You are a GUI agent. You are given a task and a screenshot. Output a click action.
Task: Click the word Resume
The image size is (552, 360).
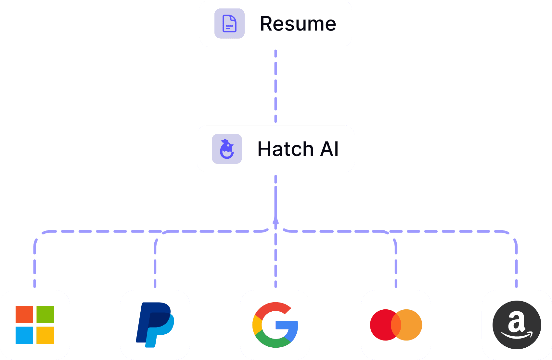(x=298, y=24)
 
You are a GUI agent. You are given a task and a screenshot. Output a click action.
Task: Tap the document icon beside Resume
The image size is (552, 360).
(x=229, y=23)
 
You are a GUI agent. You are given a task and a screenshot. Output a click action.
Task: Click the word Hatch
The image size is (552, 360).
(x=285, y=149)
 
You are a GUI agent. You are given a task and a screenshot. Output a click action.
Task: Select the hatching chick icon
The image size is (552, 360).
(x=227, y=149)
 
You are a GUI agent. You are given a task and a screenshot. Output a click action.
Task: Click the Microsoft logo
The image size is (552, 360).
(x=35, y=325)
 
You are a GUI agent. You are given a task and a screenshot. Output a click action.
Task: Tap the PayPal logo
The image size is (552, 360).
(x=155, y=325)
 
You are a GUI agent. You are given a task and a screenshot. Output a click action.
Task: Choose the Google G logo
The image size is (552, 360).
(x=275, y=325)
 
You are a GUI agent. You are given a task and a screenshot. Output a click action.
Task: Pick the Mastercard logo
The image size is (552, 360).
(x=396, y=325)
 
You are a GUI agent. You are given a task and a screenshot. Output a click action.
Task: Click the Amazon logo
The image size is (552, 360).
(x=517, y=325)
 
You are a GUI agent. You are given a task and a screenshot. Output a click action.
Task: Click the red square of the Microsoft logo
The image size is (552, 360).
(x=24, y=314)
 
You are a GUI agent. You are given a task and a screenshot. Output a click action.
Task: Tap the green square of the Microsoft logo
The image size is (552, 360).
(x=45, y=314)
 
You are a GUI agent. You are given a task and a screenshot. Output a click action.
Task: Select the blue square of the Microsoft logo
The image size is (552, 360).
(x=24, y=335)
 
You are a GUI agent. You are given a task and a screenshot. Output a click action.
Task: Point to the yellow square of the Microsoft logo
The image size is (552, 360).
(x=45, y=335)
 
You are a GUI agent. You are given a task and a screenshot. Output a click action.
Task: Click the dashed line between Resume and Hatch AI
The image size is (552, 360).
(x=276, y=86)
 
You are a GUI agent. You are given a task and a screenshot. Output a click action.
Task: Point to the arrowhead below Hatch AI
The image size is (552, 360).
(x=276, y=221)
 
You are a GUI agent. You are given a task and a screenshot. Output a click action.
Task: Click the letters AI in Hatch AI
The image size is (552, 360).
(x=329, y=149)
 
